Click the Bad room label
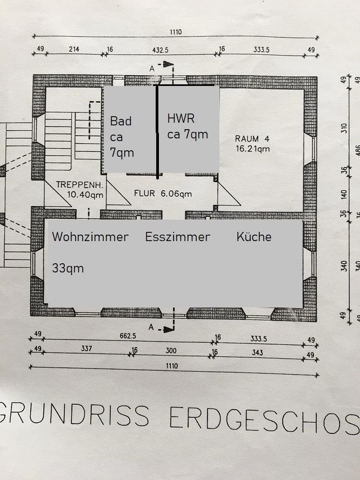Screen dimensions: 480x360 (x=121, y=121)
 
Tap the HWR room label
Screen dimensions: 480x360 (x=181, y=118)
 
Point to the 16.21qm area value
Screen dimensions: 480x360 (x=252, y=148)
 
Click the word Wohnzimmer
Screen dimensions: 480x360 (x=90, y=237)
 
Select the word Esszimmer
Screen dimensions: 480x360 (x=177, y=237)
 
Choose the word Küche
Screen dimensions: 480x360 (x=254, y=237)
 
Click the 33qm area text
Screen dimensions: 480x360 (x=68, y=268)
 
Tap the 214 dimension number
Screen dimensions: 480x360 (x=74, y=49)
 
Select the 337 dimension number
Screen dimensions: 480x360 (x=87, y=349)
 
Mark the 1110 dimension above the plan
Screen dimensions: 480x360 (x=175, y=32)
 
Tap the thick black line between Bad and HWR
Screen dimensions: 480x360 (x=157, y=132)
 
